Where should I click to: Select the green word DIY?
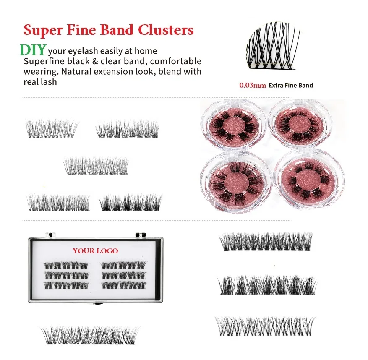point(32,50)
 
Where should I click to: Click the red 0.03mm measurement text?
point(253,86)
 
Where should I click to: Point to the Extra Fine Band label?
point(291,86)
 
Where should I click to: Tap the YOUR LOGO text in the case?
point(95,251)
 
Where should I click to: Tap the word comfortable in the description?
point(176,62)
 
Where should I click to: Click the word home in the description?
point(146,51)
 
